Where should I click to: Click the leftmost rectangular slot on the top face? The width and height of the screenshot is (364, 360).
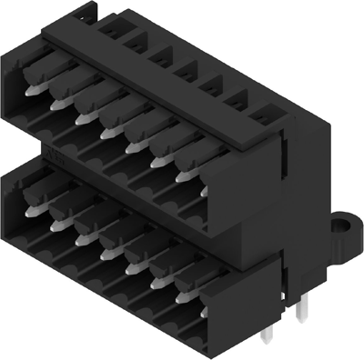109,28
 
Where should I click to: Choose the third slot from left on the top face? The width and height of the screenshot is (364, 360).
160,56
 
